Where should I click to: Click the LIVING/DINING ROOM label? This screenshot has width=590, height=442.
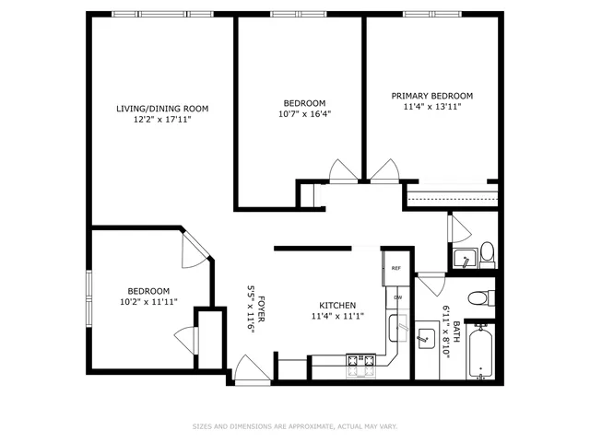click(x=162, y=109)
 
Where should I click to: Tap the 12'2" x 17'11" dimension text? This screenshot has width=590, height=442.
click(x=162, y=120)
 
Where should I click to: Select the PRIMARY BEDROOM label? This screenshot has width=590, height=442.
click(x=431, y=96)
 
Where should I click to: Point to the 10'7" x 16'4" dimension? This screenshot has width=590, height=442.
click(x=303, y=114)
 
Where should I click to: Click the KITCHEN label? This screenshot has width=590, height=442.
click(x=337, y=306)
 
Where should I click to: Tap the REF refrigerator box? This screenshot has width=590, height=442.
click(x=396, y=269)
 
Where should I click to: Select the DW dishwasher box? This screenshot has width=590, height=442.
click(x=397, y=297)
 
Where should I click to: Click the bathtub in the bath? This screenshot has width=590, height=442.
click(x=480, y=352)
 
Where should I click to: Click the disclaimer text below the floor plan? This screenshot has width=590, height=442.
click(x=295, y=426)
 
